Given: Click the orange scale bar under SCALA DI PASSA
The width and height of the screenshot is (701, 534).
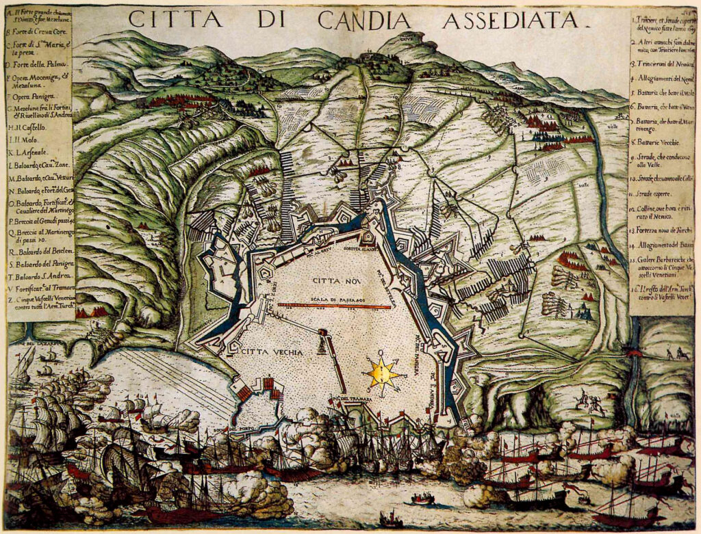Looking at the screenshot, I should [334, 307].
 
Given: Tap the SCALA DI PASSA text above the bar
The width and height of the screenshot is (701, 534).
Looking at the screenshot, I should [335, 299].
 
